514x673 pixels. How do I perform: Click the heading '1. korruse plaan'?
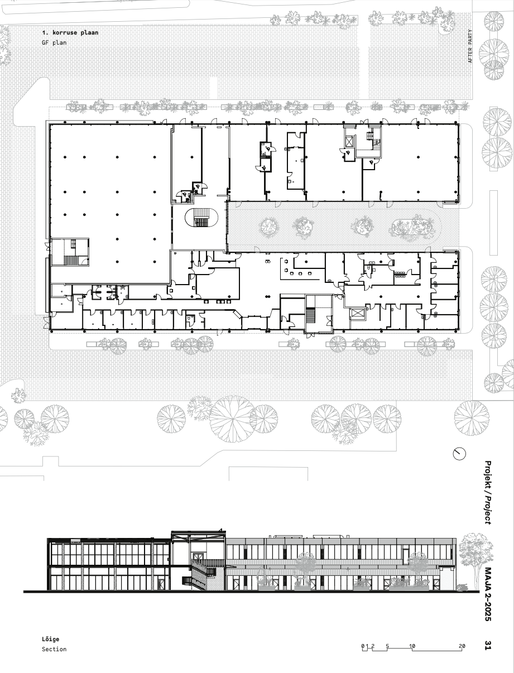pyautogui.click(x=70, y=32)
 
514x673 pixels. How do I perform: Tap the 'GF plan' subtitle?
pyautogui.click(x=54, y=42)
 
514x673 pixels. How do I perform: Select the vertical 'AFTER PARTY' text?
pyautogui.click(x=470, y=46)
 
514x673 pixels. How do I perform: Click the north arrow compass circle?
pyautogui.click(x=459, y=454)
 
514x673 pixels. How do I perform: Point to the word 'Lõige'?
pyautogui.click(x=51, y=640)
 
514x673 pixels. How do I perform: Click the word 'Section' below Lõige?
pyautogui.click(x=54, y=649)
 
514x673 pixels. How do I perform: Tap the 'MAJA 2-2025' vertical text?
pyautogui.click(x=488, y=594)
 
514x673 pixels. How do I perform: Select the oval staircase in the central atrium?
pyautogui.click(x=201, y=218)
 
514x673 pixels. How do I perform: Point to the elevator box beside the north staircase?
pyautogui.click(x=349, y=142)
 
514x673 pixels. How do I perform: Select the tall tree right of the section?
pyautogui.click(x=475, y=561)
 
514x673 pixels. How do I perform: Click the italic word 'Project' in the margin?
pyautogui.click(x=488, y=511)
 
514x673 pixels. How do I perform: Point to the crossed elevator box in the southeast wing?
pyautogui.click(x=357, y=314)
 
